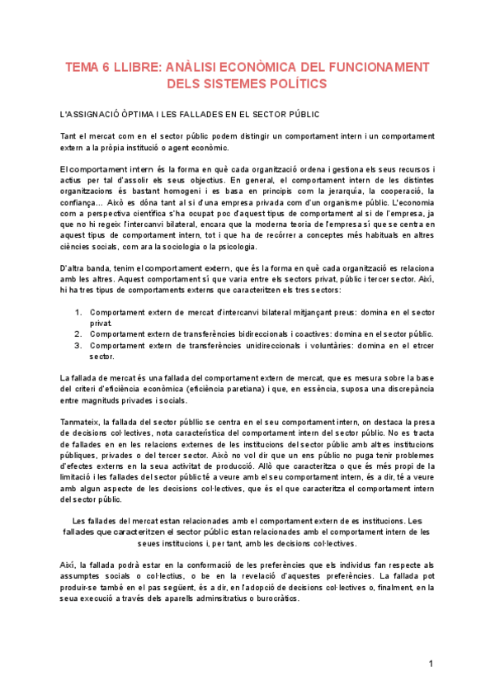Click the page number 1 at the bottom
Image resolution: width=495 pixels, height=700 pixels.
431,665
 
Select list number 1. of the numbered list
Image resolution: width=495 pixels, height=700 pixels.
78,313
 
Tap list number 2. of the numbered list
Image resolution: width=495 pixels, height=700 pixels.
78,334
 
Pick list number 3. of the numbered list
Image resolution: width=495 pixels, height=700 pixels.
78,345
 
